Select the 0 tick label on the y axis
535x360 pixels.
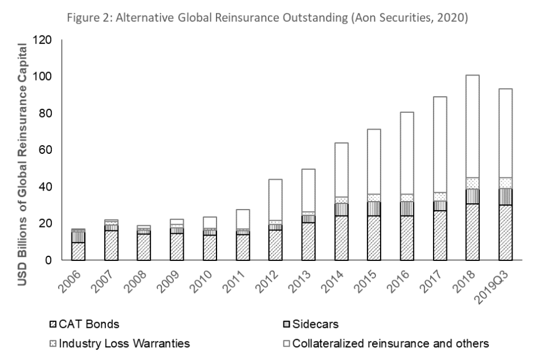click(x=48, y=260)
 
